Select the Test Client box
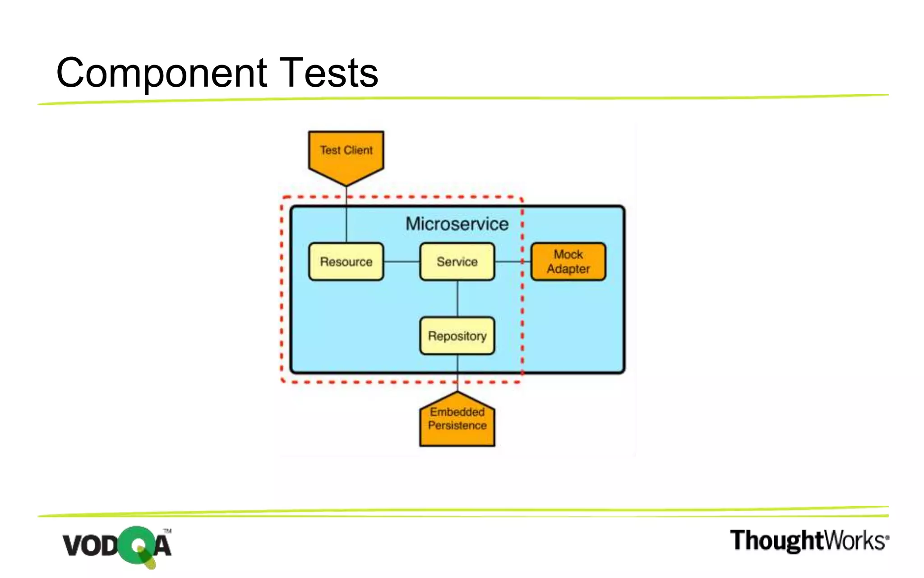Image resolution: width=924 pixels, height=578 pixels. pos(346,151)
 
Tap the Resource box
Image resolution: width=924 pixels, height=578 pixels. pos(346,262)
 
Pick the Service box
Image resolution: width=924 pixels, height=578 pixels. pos(457,262)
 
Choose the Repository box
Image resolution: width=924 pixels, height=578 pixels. pos(457,336)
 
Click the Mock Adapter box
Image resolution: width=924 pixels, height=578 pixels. pos(568,262)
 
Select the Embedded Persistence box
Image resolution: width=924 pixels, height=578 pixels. pos(457,420)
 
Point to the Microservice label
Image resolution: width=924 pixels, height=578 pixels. pos(457,224)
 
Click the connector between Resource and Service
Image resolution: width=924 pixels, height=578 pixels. pos(402,262)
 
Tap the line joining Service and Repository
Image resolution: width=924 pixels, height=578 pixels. pos(457,298)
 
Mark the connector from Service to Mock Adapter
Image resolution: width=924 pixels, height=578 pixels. pos(512,262)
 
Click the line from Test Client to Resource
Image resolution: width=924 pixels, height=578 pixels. pos(346,217)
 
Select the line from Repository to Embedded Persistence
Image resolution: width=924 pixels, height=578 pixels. pos(457,373)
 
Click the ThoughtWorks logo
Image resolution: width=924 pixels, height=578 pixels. pos(809,541)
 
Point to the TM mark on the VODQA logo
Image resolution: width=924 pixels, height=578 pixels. pos(167,531)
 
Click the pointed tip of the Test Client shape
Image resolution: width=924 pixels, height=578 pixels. pos(346,185)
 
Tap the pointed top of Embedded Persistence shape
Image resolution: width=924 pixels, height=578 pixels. pos(457,393)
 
